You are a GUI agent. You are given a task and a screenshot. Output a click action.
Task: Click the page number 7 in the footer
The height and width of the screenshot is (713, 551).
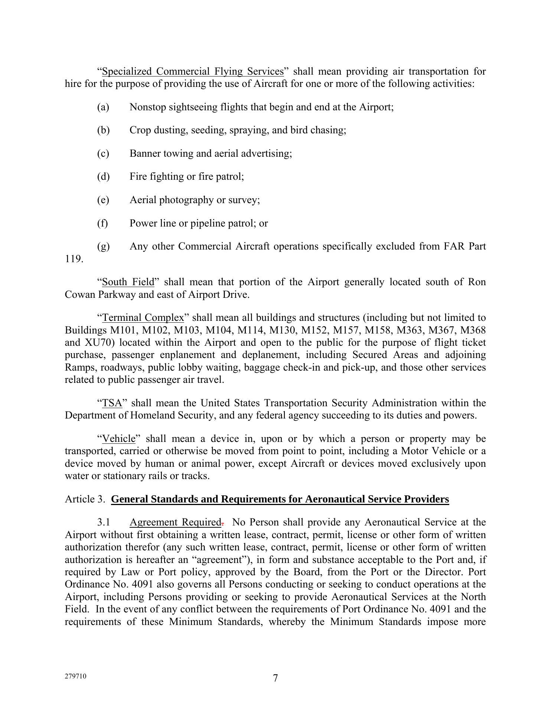(x=275, y=678)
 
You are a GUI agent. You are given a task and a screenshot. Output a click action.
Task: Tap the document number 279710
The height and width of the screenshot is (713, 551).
(x=75, y=676)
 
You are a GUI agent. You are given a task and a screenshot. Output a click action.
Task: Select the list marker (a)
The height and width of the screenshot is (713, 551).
(x=103, y=107)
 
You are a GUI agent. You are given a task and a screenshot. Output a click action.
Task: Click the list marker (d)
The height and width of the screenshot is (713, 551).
(x=103, y=176)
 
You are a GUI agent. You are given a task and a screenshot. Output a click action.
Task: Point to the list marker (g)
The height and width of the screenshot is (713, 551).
(x=103, y=246)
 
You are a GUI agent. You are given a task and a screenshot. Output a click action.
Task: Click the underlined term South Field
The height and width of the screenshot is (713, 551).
(x=128, y=282)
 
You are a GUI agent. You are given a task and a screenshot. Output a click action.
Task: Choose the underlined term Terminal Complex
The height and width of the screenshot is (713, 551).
(x=143, y=318)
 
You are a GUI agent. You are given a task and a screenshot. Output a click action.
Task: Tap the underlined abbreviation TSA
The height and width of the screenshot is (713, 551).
(x=112, y=403)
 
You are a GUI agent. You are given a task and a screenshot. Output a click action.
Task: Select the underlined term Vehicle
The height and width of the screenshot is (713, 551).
(x=119, y=439)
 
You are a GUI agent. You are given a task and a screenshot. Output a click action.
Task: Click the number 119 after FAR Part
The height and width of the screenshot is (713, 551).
(x=73, y=259)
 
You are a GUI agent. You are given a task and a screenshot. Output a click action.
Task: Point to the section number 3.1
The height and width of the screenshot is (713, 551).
(x=104, y=522)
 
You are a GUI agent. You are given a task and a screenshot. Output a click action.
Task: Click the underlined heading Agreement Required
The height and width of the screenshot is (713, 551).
(x=175, y=522)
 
